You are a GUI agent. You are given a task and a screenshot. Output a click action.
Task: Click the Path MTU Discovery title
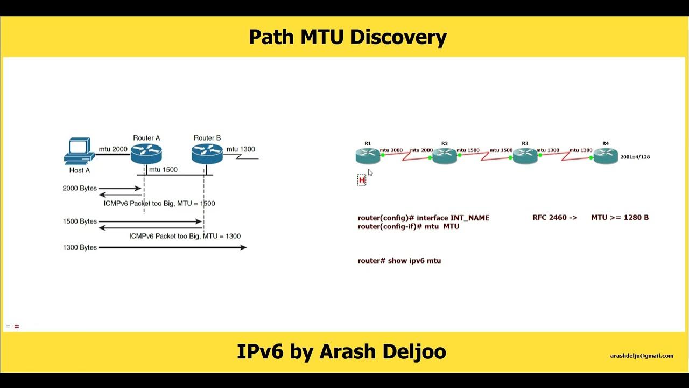coord(347,37)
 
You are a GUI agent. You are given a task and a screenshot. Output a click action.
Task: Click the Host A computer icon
coord(79,151)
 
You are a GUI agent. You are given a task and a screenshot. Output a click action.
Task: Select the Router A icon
coord(146,154)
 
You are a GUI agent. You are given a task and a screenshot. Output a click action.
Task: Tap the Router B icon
coord(207,154)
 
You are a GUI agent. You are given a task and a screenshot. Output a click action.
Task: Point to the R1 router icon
coord(368,156)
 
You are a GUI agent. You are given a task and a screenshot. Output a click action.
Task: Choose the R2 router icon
coord(445,157)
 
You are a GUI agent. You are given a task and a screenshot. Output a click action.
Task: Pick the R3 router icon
coord(525,156)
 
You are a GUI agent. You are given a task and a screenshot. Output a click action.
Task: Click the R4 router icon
coord(606,156)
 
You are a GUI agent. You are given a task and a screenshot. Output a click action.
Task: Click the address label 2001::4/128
coord(635,157)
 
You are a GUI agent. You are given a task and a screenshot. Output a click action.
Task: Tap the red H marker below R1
coord(362,180)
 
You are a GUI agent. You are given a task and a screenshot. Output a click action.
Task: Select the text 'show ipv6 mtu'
coord(414,261)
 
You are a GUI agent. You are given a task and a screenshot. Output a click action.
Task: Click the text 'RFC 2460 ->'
coord(554,218)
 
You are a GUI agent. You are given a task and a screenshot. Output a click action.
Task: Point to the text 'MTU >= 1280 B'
coord(620,218)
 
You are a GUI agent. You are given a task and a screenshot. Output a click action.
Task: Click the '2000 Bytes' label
coord(80,189)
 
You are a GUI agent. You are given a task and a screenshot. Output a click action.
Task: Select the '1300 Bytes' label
coord(80,247)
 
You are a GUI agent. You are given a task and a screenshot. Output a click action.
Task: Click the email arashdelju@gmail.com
coord(642,356)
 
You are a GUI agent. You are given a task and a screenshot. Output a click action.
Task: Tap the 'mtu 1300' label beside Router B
coord(241,149)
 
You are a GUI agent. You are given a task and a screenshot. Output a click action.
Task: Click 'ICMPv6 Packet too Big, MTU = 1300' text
coord(185,236)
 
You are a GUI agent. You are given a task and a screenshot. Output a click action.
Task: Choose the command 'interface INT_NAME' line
coord(424,218)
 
